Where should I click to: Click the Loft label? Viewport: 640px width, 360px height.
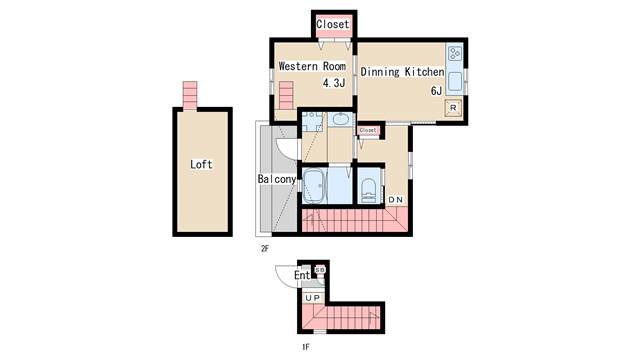pyautogui.click(x=201, y=164)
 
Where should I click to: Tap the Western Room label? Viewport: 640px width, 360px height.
pyautogui.click(x=312, y=66)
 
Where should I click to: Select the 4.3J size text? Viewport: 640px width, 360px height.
pyautogui.click(x=334, y=83)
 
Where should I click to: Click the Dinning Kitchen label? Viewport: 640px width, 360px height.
pyautogui.click(x=402, y=72)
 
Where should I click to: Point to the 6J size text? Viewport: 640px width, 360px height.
pyautogui.click(x=436, y=91)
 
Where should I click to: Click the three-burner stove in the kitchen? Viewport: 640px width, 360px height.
pyautogui.click(x=455, y=53)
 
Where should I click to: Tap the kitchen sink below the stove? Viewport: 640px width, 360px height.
pyautogui.click(x=455, y=81)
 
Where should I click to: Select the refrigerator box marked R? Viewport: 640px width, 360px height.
pyautogui.click(x=453, y=108)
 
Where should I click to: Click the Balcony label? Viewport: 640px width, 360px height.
pyautogui.click(x=277, y=179)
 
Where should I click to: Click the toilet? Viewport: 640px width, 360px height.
pyautogui.click(x=369, y=190)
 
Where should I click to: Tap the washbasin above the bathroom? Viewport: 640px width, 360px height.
pyautogui.click(x=340, y=119)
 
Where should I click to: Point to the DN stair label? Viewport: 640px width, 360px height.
pyautogui.click(x=396, y=200)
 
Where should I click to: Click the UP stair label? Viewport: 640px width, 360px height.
pyautogui.click(x=313, y=298)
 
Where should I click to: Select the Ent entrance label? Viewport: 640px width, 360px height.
pyautogui.click(x=302, y=276)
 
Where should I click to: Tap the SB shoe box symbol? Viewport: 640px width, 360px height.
pyautogui.click(x=320, y=270)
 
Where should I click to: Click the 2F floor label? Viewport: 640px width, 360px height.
pyautogui.click(x=265, y=248)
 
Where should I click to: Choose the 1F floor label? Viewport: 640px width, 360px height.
pyautogui.click(x=306, y=347)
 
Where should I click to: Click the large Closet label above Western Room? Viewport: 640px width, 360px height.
pyautogui.click(x=333, y=24)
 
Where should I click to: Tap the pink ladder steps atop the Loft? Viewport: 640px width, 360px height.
pyautogui.click(x=190, y=95)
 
